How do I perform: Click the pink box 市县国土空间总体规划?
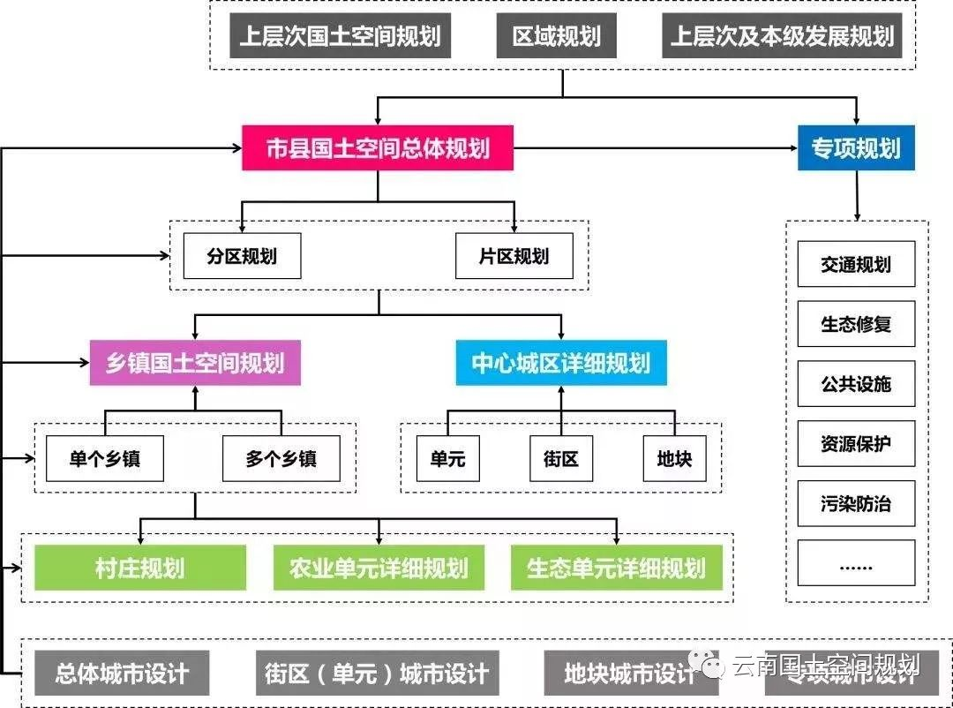(378, 148)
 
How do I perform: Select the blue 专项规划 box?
(856, 148)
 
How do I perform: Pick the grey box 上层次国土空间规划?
(340, 36)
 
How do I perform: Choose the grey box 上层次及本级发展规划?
(782, 36)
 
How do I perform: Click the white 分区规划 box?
(242, 257)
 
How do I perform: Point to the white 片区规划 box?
(514, 257)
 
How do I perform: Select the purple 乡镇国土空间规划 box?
(195, 363)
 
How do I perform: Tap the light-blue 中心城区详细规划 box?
(561, 363)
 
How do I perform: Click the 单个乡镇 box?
(105, 459)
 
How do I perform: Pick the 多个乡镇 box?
(281, 459)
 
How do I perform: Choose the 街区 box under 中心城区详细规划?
(561, 459)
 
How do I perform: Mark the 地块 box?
(675, 459)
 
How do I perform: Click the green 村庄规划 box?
(140, 568)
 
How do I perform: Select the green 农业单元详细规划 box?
(379, 568)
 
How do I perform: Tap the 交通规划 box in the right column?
(856, 265)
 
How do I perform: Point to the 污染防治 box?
(856, 504)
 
